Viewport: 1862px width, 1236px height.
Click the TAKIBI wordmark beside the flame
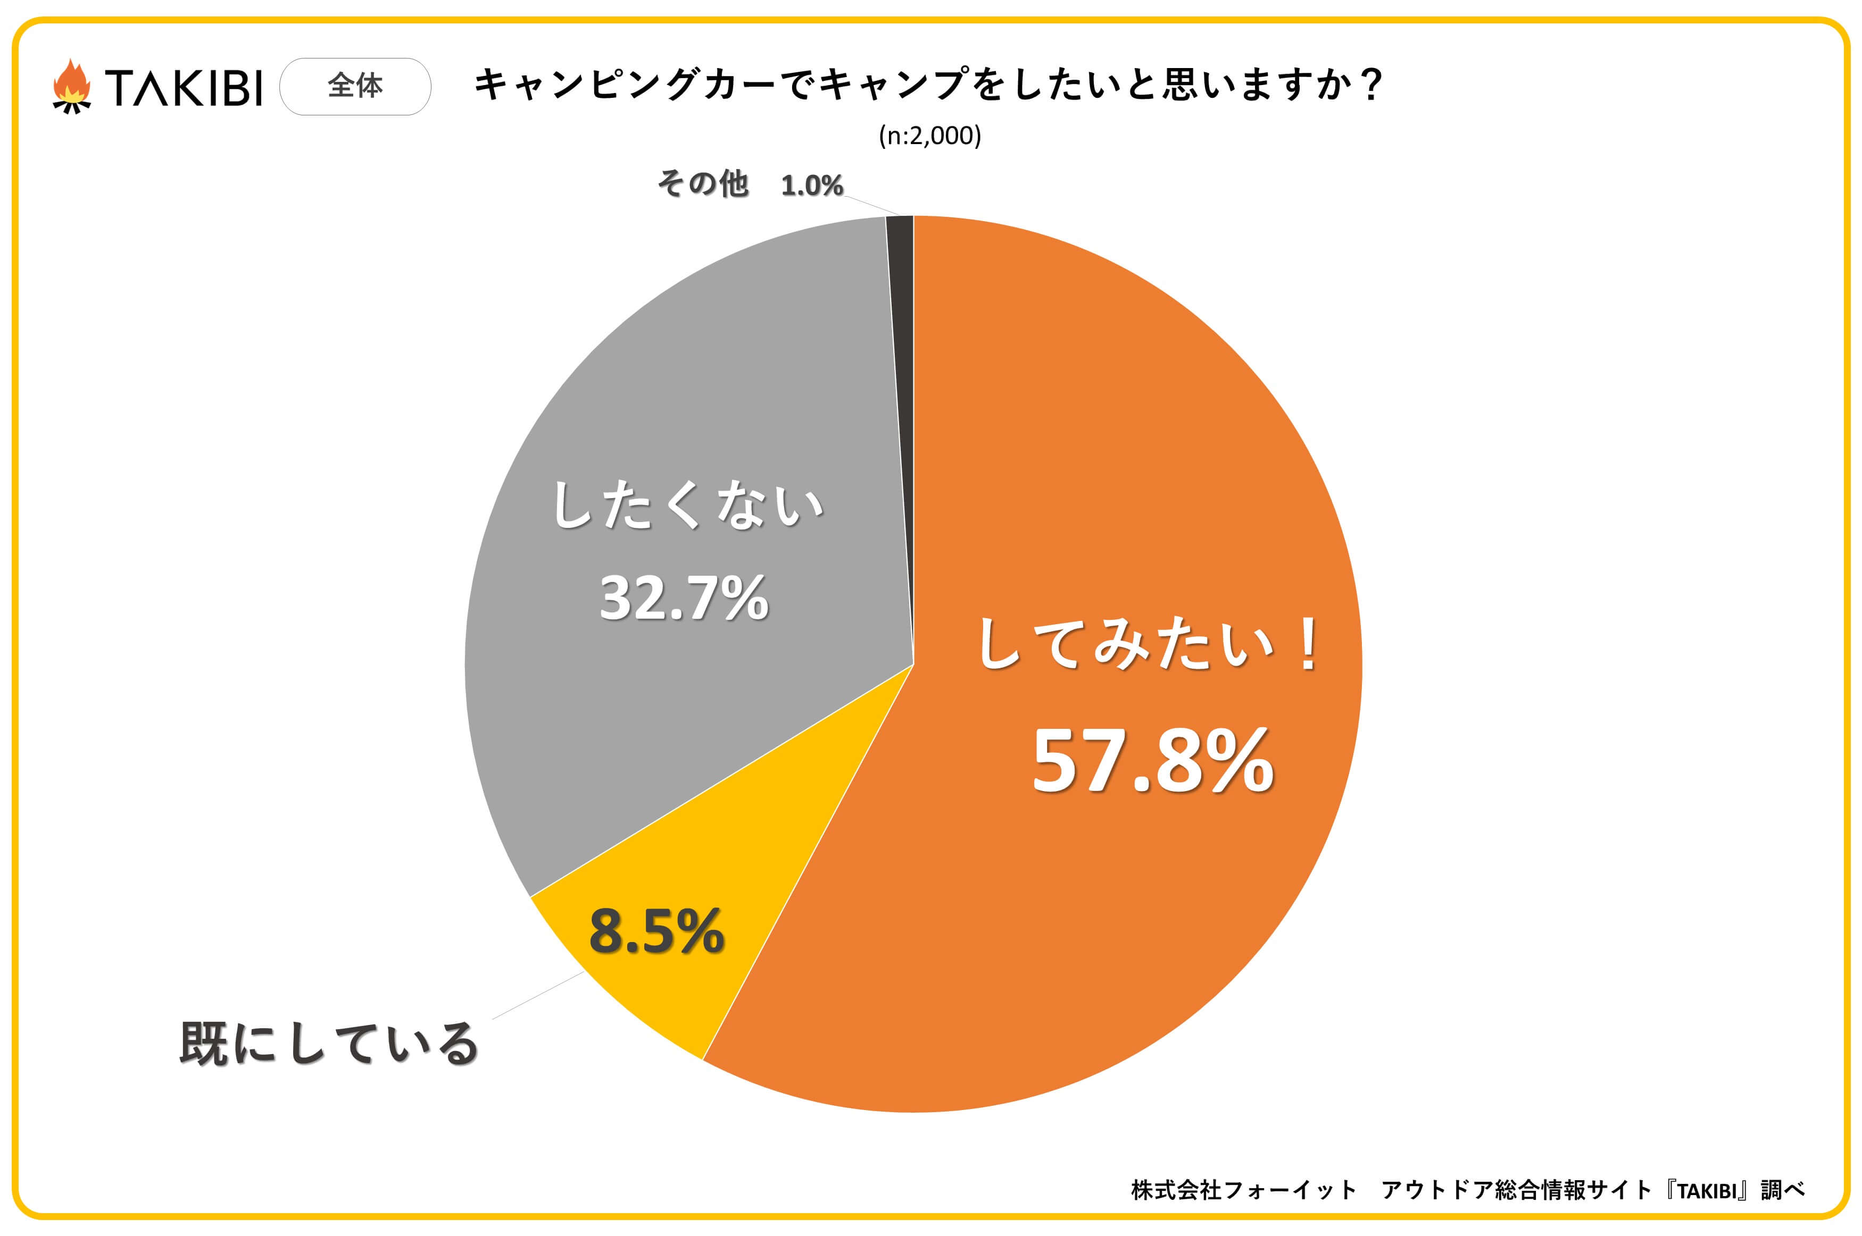[183, 87]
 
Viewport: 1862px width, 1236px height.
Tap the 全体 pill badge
[355, 86]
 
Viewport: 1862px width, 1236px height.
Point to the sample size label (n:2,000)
[930, 136]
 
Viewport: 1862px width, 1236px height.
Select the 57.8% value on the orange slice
[1152, 761]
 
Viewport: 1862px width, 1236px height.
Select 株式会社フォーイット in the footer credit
[1243, 1190]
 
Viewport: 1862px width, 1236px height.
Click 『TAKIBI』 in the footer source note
[1707, 1190]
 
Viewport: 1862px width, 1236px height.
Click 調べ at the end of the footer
[1782, 1190]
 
